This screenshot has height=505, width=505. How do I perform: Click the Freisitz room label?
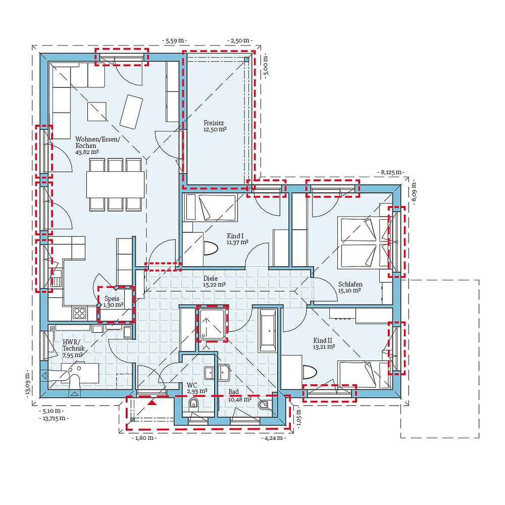(215, 122)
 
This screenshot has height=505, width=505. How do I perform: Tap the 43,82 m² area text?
(87, 151)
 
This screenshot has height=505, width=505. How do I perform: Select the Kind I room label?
(235, 236)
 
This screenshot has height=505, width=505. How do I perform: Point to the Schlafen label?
(350, 284)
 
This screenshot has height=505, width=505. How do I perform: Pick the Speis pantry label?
(111, 298)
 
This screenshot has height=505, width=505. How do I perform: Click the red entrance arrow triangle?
(152, 403)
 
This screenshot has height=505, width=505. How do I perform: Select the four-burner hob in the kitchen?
(80, 313)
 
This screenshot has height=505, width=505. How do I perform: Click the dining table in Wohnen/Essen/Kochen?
(115, 184)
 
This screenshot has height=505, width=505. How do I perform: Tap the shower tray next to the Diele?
(212, 323)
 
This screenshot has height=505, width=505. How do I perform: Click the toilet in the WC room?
(193, 405)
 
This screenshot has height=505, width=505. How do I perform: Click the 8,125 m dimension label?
(391, 172)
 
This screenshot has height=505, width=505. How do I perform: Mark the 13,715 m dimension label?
(54, 418)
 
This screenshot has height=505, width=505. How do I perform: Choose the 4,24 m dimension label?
(273, 438)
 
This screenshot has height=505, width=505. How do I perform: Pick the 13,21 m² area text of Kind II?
(324, 347)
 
